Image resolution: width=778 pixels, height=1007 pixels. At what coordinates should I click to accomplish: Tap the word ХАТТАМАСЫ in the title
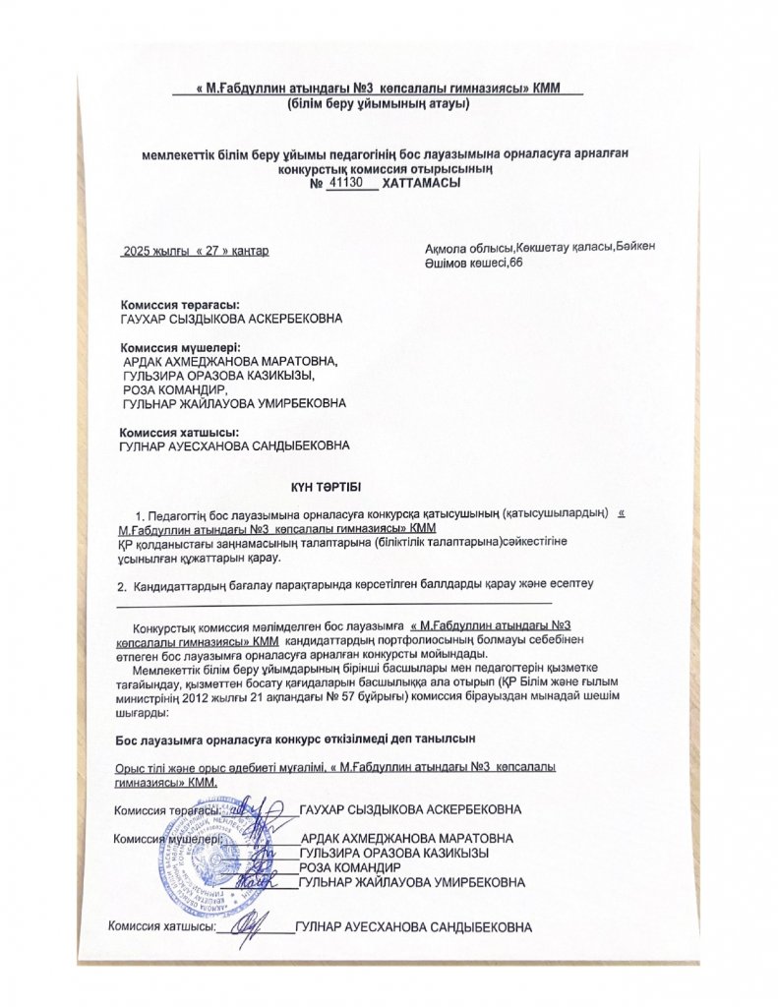click(420, 182)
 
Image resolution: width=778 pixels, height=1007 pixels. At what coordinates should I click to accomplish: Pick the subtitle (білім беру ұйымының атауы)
click(379, 102)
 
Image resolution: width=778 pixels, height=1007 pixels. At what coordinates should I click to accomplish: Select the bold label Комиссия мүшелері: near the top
click(180, 347)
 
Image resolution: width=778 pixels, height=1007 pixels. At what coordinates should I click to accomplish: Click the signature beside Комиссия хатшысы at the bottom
click(253, 923)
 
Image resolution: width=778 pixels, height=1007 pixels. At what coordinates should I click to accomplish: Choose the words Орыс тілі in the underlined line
click(147, 766)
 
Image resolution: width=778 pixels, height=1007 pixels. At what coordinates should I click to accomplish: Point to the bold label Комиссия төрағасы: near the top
click(179, 305)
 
